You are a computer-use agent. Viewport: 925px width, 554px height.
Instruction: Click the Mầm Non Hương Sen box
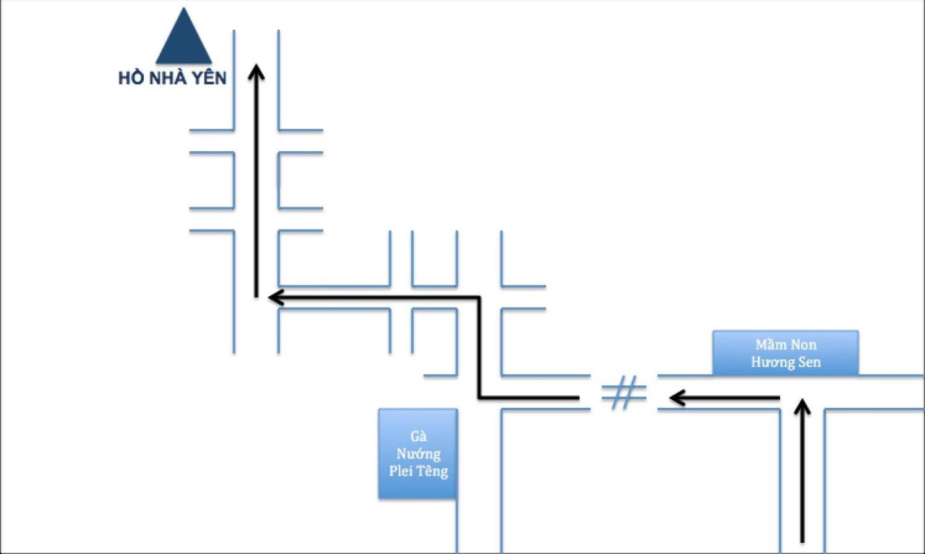pyautogui.click(x=786, y=353)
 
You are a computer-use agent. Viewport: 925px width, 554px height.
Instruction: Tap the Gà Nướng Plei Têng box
pyautogui.click(x=418, y=454)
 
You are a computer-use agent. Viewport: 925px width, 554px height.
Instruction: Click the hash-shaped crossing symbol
pyautogui.click(x=624, y=392)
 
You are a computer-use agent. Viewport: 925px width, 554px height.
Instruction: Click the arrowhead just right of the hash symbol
pyautogui.click(x=677, y=398)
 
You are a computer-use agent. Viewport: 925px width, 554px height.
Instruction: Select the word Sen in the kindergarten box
pyautogui.click(x=809, y=362)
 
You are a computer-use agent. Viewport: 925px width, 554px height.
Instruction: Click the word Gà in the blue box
pyautogui.click(x=418, y=436)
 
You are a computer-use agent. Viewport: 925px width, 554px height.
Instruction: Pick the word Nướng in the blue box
pyautogui.click(x=418, y=454)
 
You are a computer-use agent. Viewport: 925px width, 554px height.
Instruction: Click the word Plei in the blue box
pyautogui.click(x=401, y=471)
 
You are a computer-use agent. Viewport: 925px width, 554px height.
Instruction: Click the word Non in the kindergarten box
pyautogui.click(x=804, y=345)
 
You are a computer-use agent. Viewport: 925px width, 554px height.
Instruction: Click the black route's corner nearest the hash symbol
pyautogui.click(x=479, y=398)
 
